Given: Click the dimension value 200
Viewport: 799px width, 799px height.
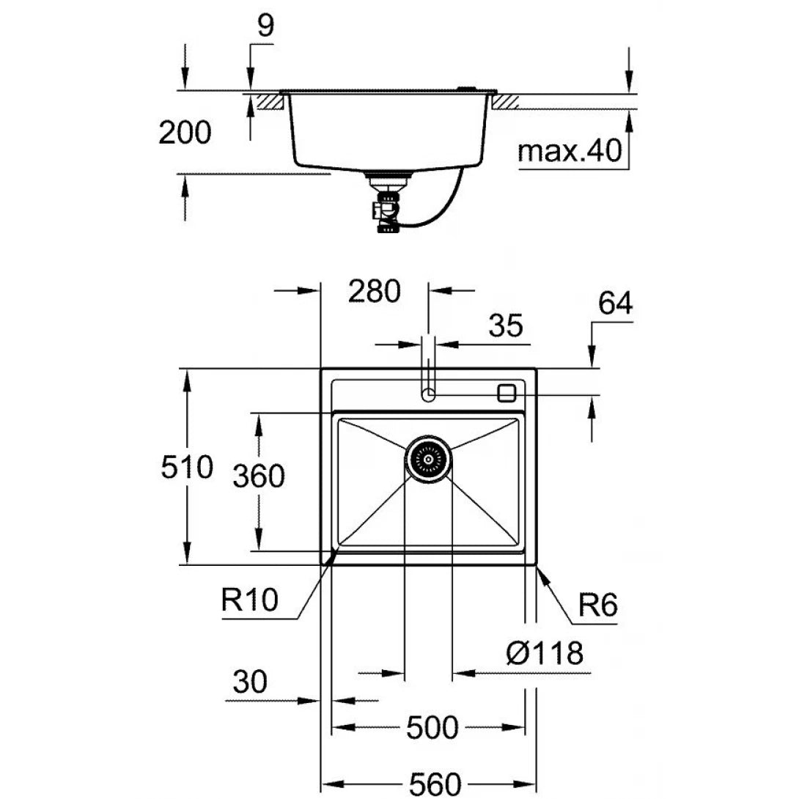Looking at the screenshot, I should point(185,133).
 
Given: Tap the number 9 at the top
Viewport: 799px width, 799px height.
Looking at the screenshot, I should point(265,26).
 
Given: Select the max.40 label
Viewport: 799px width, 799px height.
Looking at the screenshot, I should point(570,151).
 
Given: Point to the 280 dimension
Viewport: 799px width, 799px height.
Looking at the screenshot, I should point(374,291).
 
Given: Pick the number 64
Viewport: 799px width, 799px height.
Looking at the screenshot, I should point(615,303).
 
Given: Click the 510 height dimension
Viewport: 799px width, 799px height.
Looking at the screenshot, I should point(186,467).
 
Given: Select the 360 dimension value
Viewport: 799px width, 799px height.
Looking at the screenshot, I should point(258,477).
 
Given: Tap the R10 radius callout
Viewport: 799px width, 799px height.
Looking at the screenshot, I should point(249,602).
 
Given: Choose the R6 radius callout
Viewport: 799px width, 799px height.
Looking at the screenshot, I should point(598,606).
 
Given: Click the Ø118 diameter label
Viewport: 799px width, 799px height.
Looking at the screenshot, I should point(544,652).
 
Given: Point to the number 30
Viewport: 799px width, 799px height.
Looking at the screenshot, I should point(249,682).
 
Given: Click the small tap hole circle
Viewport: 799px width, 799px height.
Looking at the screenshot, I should point(429,396).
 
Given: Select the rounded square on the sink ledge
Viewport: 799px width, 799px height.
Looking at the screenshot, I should point(507,393).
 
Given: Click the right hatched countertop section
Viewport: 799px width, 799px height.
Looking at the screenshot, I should point(507,100).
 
